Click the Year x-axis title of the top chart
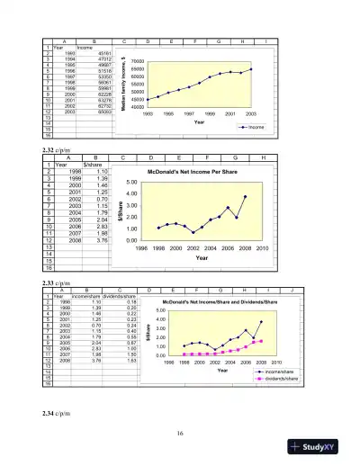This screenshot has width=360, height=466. (200, 122)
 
